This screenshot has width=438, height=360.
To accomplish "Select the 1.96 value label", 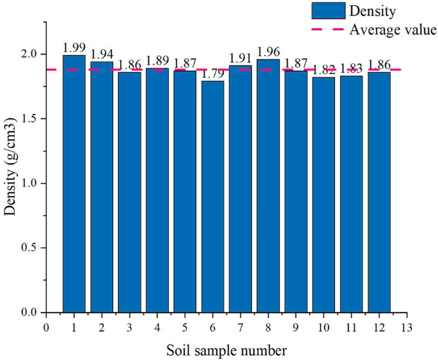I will (268, 52).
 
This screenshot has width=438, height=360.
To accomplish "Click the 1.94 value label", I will (102, 54).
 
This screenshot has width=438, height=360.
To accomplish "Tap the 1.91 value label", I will (240, 58).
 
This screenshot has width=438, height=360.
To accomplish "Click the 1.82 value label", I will (324, 70).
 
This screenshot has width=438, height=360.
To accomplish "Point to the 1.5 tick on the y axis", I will (31, 119).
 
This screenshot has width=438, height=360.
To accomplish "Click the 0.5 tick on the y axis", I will (31, 248).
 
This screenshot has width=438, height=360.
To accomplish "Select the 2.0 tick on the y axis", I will (31, 54).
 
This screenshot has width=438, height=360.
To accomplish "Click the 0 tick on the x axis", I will (46, 327).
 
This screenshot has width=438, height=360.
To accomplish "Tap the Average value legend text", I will (393, 29).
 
